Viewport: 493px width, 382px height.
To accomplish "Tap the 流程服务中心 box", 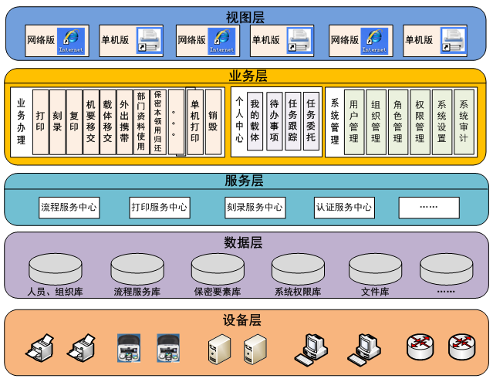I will [x=69, y=207].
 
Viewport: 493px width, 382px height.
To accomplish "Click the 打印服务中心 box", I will [x=159, y=207].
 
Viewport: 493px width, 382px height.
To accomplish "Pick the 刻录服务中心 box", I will [x=254, y=207].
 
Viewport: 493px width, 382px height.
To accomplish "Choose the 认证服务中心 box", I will [x=343, y=207].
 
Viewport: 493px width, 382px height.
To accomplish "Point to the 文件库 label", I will [x=375, y=292].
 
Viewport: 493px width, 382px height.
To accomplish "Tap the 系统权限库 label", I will [x=297, y=292].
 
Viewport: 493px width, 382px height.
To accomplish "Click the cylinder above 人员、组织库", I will [x=55, y=269].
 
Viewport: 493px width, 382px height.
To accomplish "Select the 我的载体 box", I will [x=255, y=120].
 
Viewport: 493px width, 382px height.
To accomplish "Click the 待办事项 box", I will [x=274, y=120].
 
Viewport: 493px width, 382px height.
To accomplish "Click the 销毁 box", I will [x=212, y=121].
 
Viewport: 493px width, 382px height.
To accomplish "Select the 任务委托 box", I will [x=311, y=120].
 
